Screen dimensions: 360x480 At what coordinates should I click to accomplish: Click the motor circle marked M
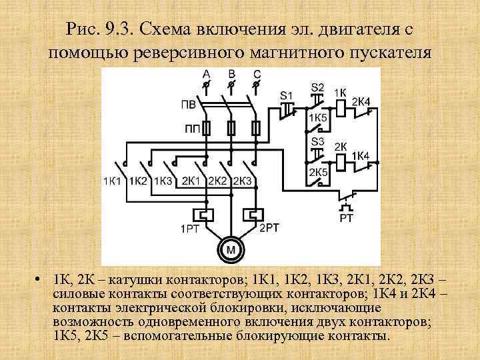[x=231, y=250]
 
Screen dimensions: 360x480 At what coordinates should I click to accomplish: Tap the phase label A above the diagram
[x=206, y=73]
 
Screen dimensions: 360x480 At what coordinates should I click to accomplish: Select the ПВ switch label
[x=189, y=105]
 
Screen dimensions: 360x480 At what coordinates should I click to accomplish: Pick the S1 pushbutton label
[x=287, y=95]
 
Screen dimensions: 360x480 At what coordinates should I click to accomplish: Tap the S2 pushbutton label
[x=317, y=87]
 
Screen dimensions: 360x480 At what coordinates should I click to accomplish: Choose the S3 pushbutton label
[x=317, y=142]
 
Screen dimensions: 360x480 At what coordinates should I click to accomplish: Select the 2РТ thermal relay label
[x=269, y=228]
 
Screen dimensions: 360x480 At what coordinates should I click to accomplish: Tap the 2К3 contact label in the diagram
[x=242, y=181]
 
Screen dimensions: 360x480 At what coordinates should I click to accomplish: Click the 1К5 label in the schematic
[x=318, y=117]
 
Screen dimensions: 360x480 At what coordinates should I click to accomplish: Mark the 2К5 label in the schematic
[x=317, y=172]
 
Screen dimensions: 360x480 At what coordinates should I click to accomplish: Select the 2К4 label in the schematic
[x=361, y=101]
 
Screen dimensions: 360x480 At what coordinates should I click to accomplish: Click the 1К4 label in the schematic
[x=361, y=155]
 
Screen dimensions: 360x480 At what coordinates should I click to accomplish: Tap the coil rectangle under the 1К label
[x=339, y=105]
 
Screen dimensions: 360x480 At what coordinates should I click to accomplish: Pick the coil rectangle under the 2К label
[x=340, y=160]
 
